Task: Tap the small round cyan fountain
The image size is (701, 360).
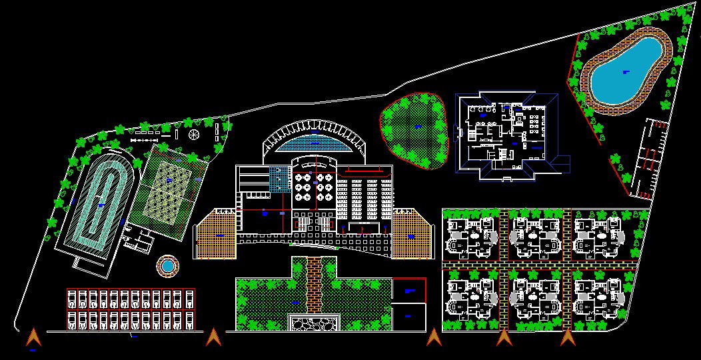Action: pyautogui.click(x=167, y=266)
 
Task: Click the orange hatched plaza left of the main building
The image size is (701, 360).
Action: pyautogui.click(x=217, y=235)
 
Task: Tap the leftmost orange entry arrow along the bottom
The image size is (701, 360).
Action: pyautogui.click(x=33, y=338)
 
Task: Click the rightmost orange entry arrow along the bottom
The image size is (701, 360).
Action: pyautogui.click(x=567, y=338)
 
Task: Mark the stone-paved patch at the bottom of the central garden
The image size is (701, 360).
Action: pyautogui.click(x=314, y=324)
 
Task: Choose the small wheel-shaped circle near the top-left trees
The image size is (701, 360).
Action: pyautogui.click(x=194, y=135)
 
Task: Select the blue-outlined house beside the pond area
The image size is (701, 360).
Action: pyautogui.click(x=510, y=137)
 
